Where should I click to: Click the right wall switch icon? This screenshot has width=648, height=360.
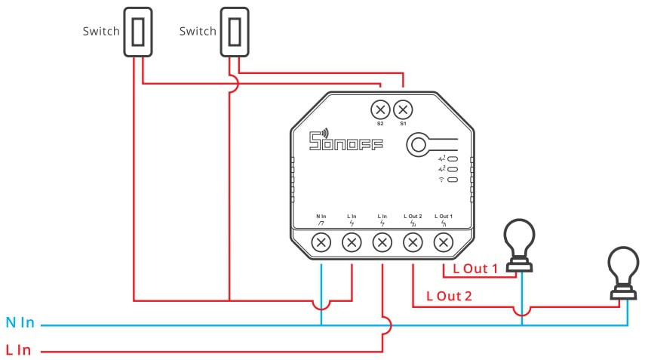click(x=235, y=32)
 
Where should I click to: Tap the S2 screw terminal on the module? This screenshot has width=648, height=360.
click(x=380, y=108)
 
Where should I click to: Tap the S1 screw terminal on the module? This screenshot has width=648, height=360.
click(x=403, y=108)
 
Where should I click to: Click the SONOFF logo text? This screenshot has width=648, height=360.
click(x=346, y=140)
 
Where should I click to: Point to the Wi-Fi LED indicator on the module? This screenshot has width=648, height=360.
click(x=453, y=180)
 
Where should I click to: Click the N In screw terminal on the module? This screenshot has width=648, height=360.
click(x=321, y=242)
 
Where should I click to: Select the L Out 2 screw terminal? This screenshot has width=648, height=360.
click(x=413, y=242)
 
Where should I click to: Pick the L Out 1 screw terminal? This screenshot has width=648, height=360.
click(x=444, y=242)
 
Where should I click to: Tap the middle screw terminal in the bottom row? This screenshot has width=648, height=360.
click(x=382, y=242)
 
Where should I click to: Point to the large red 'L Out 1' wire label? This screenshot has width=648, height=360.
click(x=475, y=268)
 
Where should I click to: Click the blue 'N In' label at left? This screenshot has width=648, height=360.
click(x=20, y=323)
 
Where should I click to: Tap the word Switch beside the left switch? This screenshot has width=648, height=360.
click(x=100, y=32)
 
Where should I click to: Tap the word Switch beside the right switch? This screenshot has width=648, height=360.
click(x=198, y=32)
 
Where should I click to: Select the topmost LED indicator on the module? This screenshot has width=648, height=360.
click(x=453, y=159)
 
